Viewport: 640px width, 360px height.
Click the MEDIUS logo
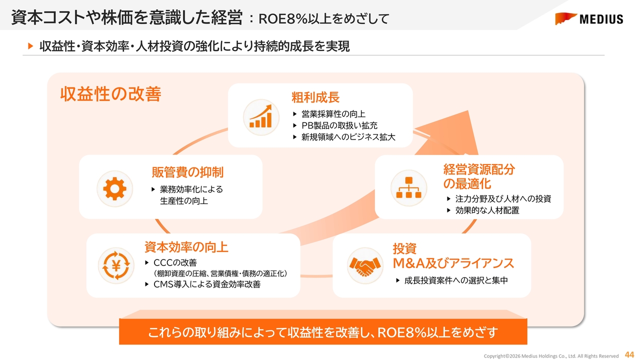(589, 19)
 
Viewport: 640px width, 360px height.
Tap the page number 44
(629, 354)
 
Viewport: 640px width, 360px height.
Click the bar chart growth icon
(261, 117)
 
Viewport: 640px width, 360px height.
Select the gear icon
(114, 188)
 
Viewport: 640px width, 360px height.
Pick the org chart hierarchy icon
(408, 187)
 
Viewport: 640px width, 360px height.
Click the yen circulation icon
(116, 265)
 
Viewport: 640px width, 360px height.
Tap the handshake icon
(365, 265)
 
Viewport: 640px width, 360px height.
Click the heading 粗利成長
(315, 97)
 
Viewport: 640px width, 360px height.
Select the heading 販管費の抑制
(187, 172)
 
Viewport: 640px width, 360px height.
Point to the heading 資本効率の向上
(186, 247)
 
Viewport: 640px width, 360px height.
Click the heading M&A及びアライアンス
(453, 263)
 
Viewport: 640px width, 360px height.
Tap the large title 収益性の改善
(110, 94)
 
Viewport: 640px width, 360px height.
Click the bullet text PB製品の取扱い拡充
(339, 125)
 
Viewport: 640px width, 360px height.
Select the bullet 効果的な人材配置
(487, 210)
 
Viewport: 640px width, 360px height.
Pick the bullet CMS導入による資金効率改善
(207, 284)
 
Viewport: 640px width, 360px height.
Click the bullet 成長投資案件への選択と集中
(456, 280)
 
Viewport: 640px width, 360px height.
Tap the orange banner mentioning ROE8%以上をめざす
(323, 331)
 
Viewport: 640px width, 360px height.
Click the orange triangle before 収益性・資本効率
(30, 46)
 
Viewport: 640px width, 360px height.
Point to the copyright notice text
(551, 356)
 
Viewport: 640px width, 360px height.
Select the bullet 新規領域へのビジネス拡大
(348, 137)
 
